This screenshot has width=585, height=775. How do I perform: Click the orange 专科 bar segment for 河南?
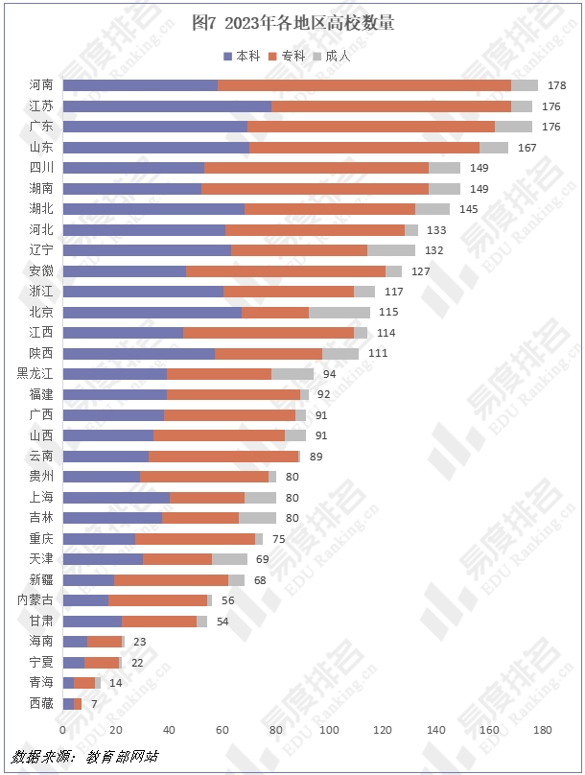click(364, 85)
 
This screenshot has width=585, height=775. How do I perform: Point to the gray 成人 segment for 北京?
click(339, 312)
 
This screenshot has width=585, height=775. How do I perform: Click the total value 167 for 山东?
click(526, 148)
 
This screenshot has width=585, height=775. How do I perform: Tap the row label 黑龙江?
click(35, 374)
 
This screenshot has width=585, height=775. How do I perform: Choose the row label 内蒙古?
click(35, 600)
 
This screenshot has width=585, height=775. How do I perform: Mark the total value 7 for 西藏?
click(94, 704)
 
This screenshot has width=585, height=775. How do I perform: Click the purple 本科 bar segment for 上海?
click(116, 498)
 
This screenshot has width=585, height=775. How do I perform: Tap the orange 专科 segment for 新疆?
click(171, 580)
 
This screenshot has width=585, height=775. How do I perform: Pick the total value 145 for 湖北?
click(468, 209)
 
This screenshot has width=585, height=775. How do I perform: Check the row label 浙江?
click(41, 292)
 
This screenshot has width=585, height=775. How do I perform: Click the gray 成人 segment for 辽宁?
click(391, 250)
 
